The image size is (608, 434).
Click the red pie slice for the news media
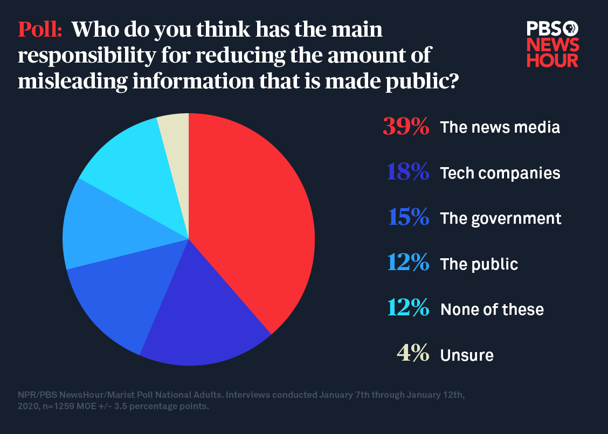[x=253, y=216]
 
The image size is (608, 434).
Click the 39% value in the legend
[x=406, y=127]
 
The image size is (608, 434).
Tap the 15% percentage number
[x=409, y=218]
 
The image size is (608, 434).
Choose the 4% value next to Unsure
[x=413, y=355]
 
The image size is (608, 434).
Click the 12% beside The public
[x=408, y=264]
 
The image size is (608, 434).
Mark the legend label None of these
[x=492, y=309]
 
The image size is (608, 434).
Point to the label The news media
[x=500, y=127]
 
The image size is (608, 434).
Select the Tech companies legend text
[x=500, y=173]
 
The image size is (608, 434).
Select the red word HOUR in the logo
[x=552, y=60]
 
